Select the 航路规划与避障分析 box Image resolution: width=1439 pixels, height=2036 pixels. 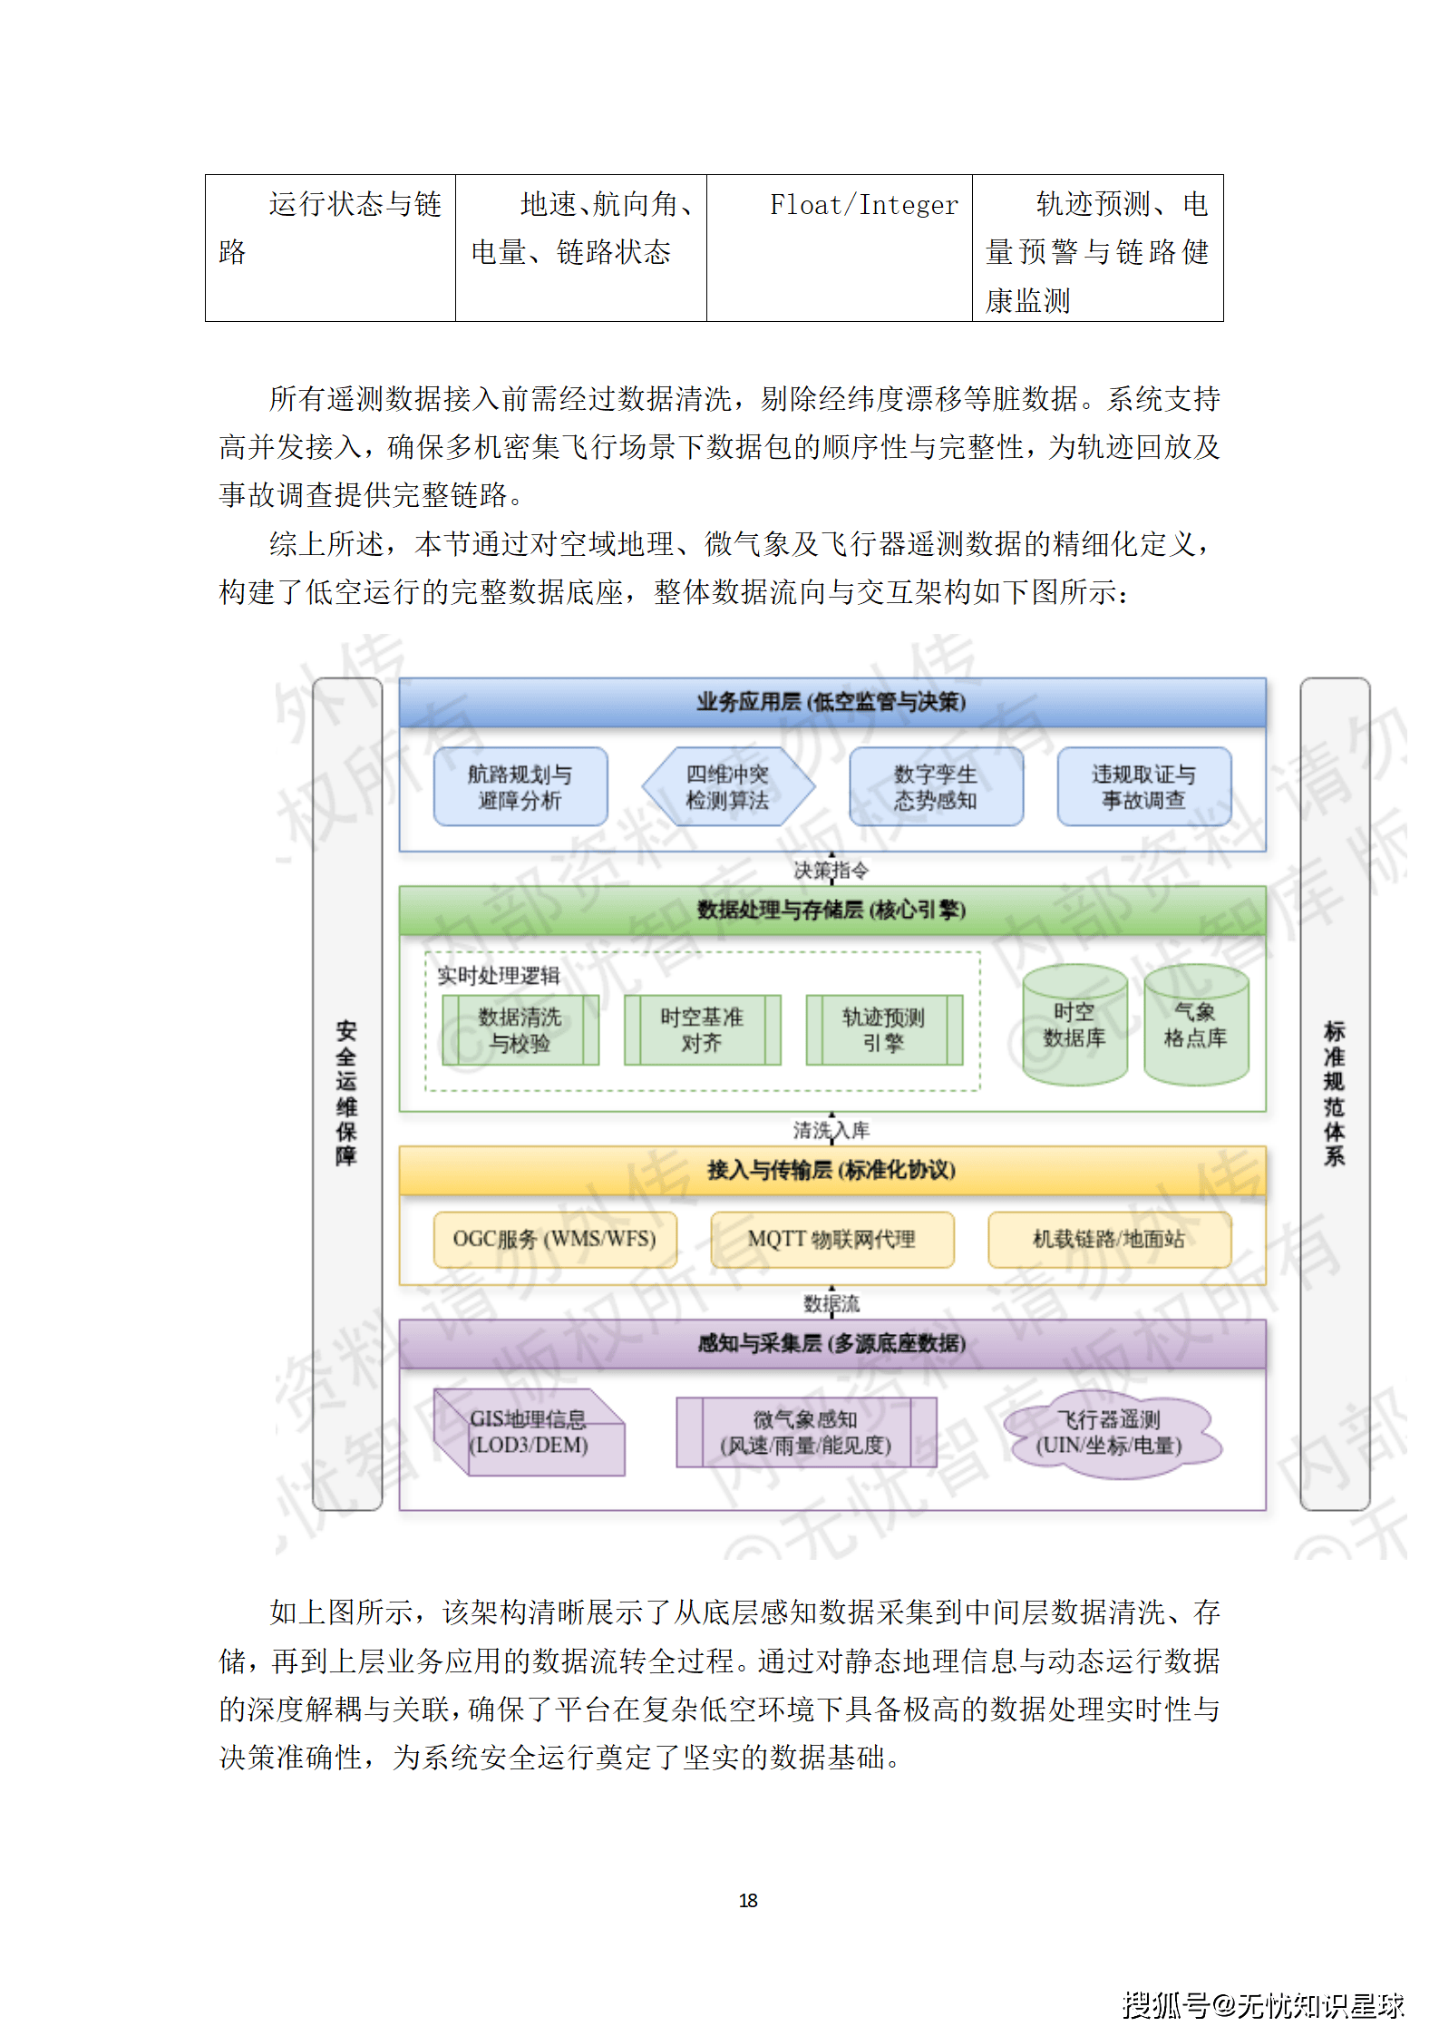click(520, 787)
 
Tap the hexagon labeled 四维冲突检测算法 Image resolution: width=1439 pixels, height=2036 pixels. click(727, 787)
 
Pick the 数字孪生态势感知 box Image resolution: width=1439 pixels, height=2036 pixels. click(935, 787)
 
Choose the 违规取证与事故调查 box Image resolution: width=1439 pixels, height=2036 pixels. click(1143, 787)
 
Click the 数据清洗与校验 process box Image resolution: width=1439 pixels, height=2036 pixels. click(520, 1030)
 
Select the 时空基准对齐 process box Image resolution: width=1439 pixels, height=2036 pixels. click(702, 1030)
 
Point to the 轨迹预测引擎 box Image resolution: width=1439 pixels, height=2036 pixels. click(883, 1030)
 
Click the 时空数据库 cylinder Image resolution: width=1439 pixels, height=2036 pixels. click(1074, 1026)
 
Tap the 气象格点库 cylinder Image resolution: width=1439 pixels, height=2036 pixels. click(1195, 1026)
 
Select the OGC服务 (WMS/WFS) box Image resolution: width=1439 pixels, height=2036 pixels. click(554, 1239)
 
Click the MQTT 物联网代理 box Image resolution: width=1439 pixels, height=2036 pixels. click(831, 1239)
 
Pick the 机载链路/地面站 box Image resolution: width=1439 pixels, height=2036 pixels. click(1108, 1239)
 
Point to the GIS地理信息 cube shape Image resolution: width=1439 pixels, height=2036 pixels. click(529, 1433)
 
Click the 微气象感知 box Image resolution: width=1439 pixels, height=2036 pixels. click(805, 1433)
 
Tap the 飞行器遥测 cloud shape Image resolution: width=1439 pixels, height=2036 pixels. click(1109, 1433)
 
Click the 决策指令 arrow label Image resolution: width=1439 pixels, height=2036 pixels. click(831, 871)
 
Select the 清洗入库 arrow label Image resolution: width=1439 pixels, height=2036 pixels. click(831, 1130)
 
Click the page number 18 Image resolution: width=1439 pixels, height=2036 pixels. click(748, 1900)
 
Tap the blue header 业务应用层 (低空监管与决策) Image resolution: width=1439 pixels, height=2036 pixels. click(831, 702)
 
